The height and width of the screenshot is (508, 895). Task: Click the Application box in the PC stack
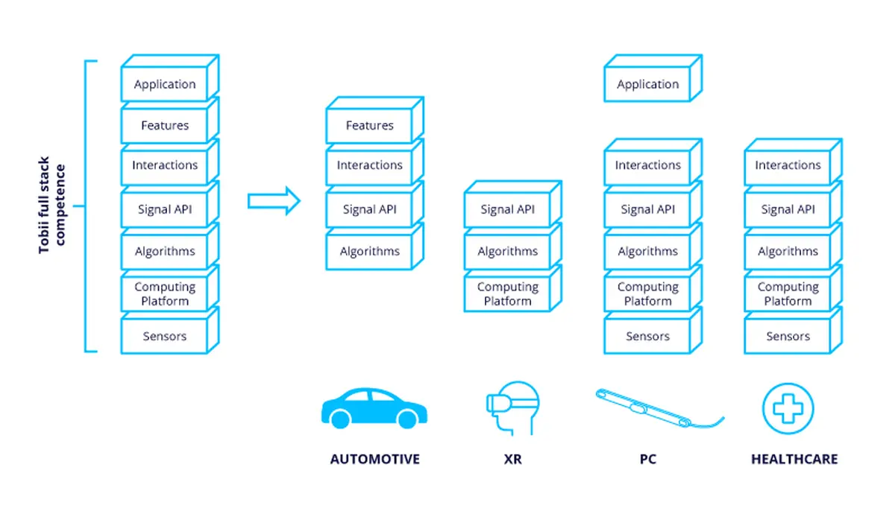653,78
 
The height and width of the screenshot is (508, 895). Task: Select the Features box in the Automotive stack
374,120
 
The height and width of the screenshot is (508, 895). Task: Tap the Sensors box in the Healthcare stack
793,331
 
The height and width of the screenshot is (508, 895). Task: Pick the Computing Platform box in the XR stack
513,289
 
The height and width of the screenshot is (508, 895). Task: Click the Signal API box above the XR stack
513,205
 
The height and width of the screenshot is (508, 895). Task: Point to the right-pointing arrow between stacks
274,200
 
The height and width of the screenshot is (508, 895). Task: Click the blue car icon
374,408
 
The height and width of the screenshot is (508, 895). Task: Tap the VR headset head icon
512,408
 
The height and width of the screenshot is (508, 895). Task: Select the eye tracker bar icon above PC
659,408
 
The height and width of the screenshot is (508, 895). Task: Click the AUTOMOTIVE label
374,460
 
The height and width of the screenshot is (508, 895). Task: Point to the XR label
512,460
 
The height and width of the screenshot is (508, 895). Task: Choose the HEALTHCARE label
794,460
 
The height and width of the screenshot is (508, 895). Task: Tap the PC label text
648,460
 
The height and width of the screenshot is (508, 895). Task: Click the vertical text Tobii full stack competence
51,205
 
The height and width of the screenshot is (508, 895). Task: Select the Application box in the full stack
170,78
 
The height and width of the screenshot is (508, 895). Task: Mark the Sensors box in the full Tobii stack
170,331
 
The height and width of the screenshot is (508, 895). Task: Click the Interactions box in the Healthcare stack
793,162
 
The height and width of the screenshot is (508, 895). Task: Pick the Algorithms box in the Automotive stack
374,247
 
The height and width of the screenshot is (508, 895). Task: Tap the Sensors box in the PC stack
653,331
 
